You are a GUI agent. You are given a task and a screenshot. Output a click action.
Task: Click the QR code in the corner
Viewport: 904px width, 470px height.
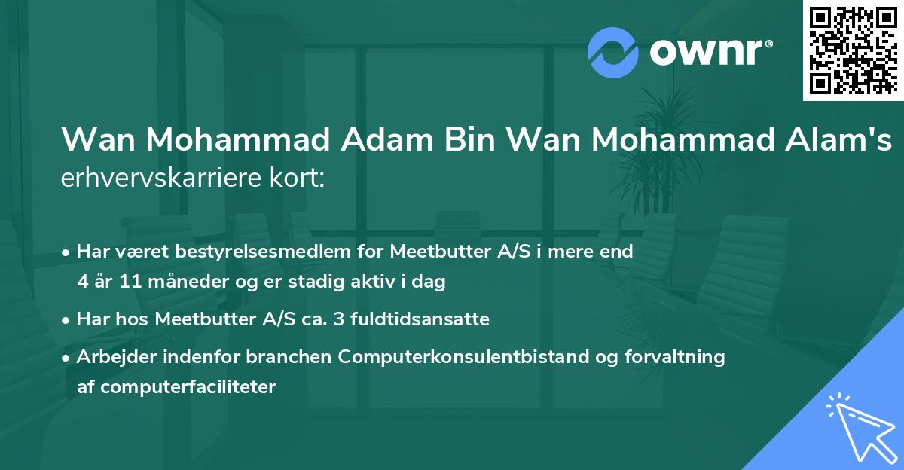tap(854, 50)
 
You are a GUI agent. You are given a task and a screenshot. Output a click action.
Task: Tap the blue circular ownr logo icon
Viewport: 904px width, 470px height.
tap(613, 53)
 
